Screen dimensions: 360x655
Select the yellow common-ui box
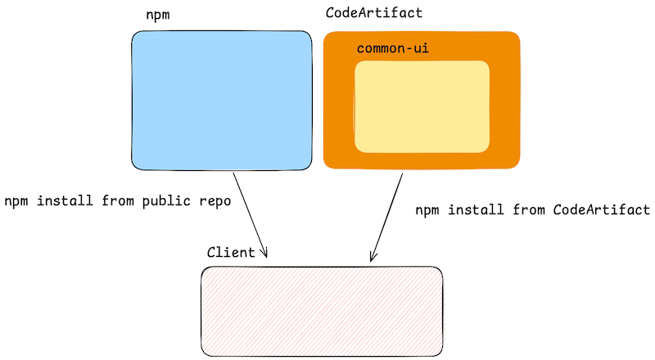coord(422,107)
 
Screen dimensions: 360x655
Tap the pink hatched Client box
coord(322,310)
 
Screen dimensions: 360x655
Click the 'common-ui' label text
coord(392,49)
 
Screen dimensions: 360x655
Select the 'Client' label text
coord(231,253)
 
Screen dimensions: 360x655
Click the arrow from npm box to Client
coord(250,213)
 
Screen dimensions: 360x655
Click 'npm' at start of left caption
coord(16,201)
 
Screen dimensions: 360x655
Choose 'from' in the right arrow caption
coord(529,210)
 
